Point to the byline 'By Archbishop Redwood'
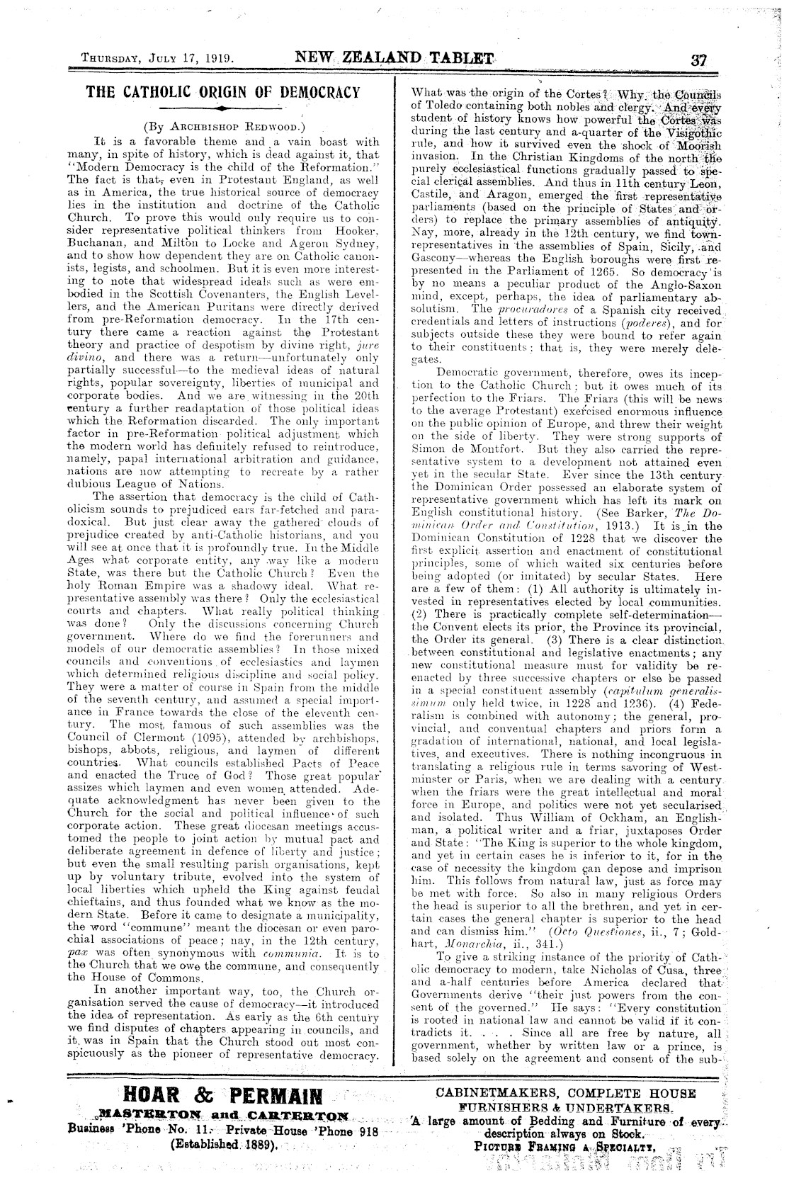pyautogui.click(x=224, y=128)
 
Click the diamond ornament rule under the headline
pyautogui.click(x=223, y=109)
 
